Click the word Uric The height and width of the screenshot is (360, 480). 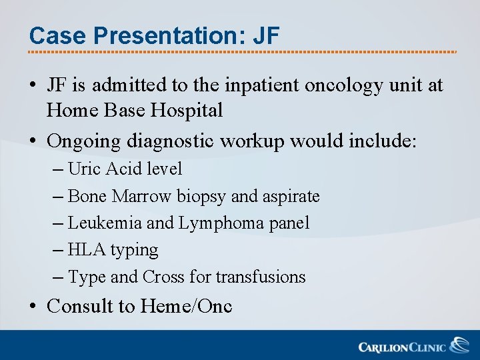click(x=83, y=169)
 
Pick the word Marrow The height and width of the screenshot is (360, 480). click(x=143, y=197)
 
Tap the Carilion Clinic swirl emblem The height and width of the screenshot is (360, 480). click(x=459, y=345)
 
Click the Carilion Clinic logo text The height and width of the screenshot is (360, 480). click(x=403, y=347)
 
